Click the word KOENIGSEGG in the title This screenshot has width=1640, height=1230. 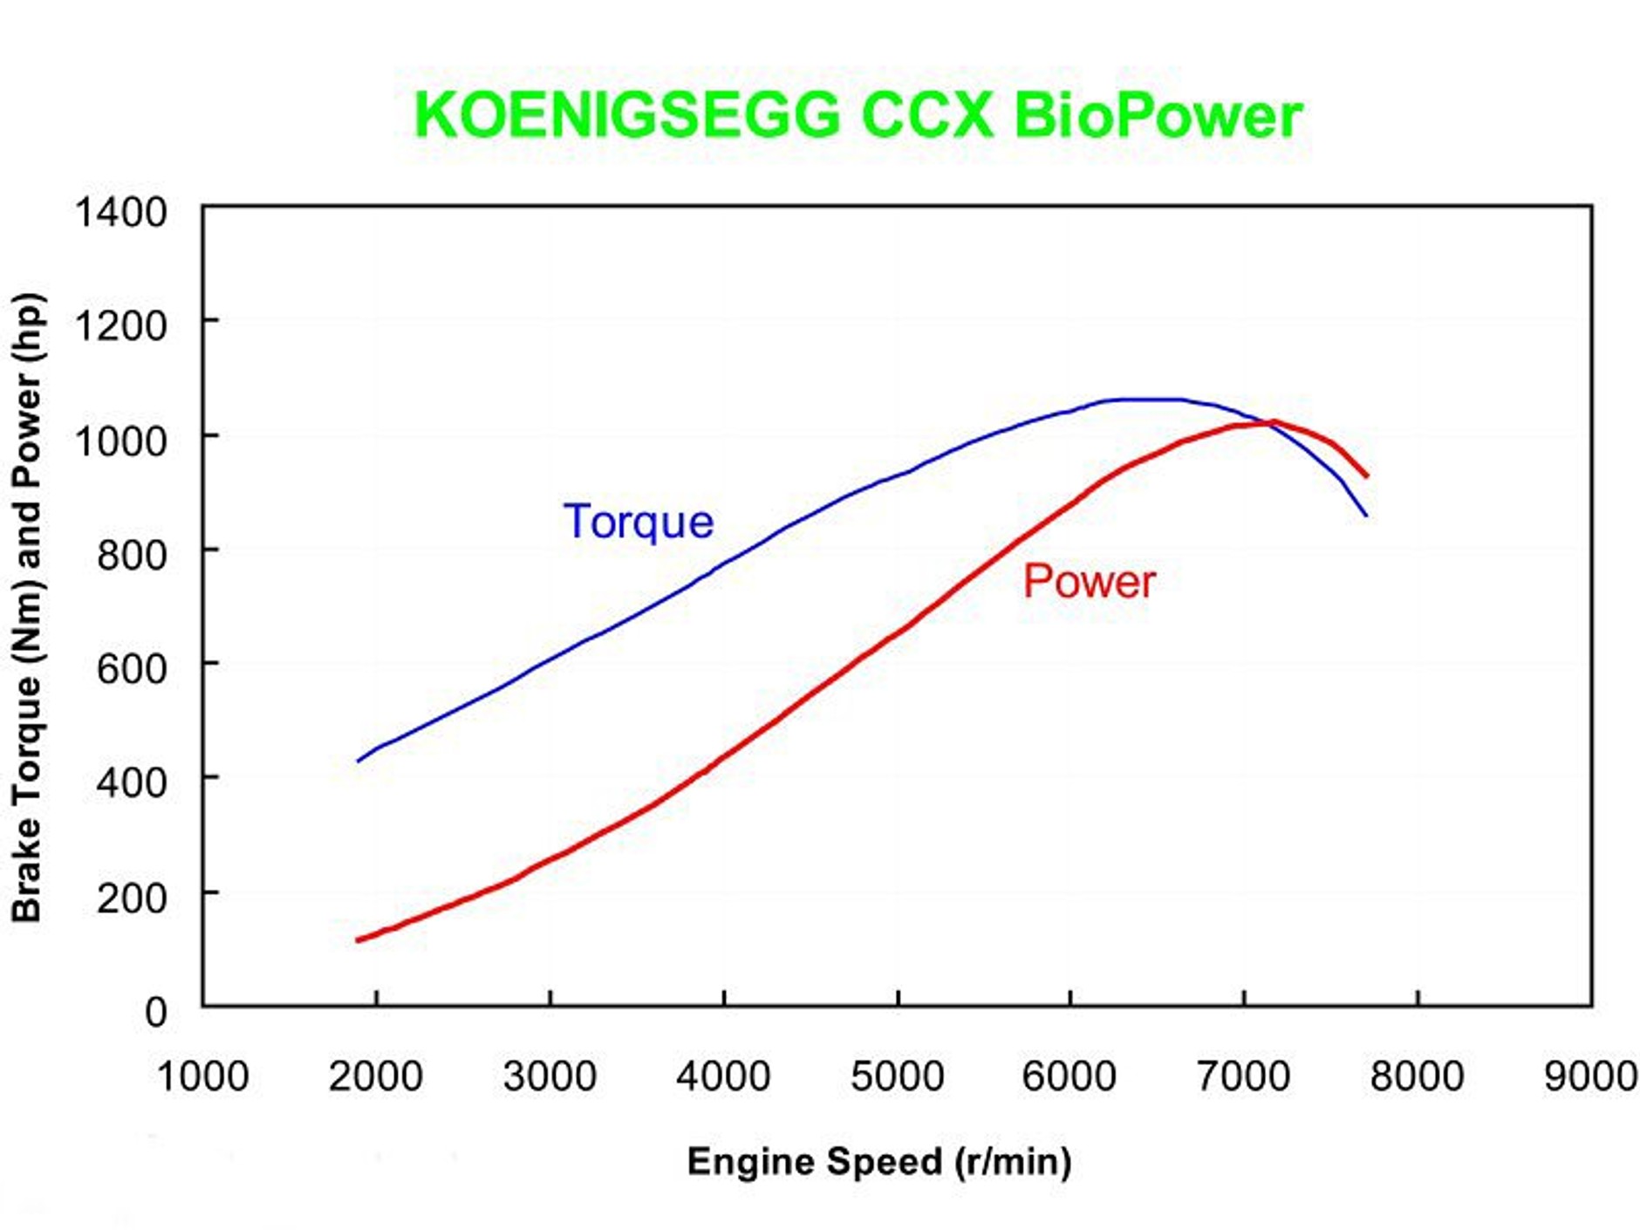pos(626,115)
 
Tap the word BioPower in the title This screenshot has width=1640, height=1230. pos(1158,115)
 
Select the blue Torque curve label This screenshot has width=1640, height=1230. pos(639,522)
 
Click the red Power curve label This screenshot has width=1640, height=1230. pos(1089,581)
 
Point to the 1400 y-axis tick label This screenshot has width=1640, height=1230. pos(120,212)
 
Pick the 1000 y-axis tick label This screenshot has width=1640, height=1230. pos(120,441)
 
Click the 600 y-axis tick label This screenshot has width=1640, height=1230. pos(131,669)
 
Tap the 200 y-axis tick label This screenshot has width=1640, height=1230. pos(131,898)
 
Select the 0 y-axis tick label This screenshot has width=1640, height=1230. pos(155,1012)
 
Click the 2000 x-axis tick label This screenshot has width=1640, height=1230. pos(375,1076)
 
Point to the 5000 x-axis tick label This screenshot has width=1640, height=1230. pos(897,1076)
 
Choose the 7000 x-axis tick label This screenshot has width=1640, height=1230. pos(1243,1076)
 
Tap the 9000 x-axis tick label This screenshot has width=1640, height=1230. pos(1589,1076)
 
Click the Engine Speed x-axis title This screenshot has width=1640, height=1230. pos(879,1161)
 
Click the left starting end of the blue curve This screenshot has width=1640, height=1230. pos(359,761)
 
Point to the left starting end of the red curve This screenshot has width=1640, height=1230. pos(359,940)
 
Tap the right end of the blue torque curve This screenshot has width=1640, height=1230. pos(1365,515)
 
